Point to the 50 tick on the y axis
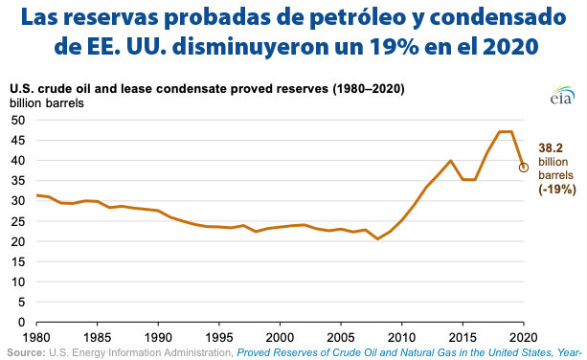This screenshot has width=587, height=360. click(19, 120)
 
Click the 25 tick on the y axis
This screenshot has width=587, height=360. click(19, 220)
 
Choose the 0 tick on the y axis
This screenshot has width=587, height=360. click(23, 322)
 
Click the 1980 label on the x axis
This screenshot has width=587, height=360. click(36, 337)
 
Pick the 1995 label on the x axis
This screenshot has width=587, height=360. click(218, 337)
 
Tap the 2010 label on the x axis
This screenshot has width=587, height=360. click(401, 337)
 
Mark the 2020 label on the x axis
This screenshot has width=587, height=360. click(523, 337)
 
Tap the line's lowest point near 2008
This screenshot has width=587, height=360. click(377, 238)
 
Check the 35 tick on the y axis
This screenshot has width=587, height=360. click(19, 180)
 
